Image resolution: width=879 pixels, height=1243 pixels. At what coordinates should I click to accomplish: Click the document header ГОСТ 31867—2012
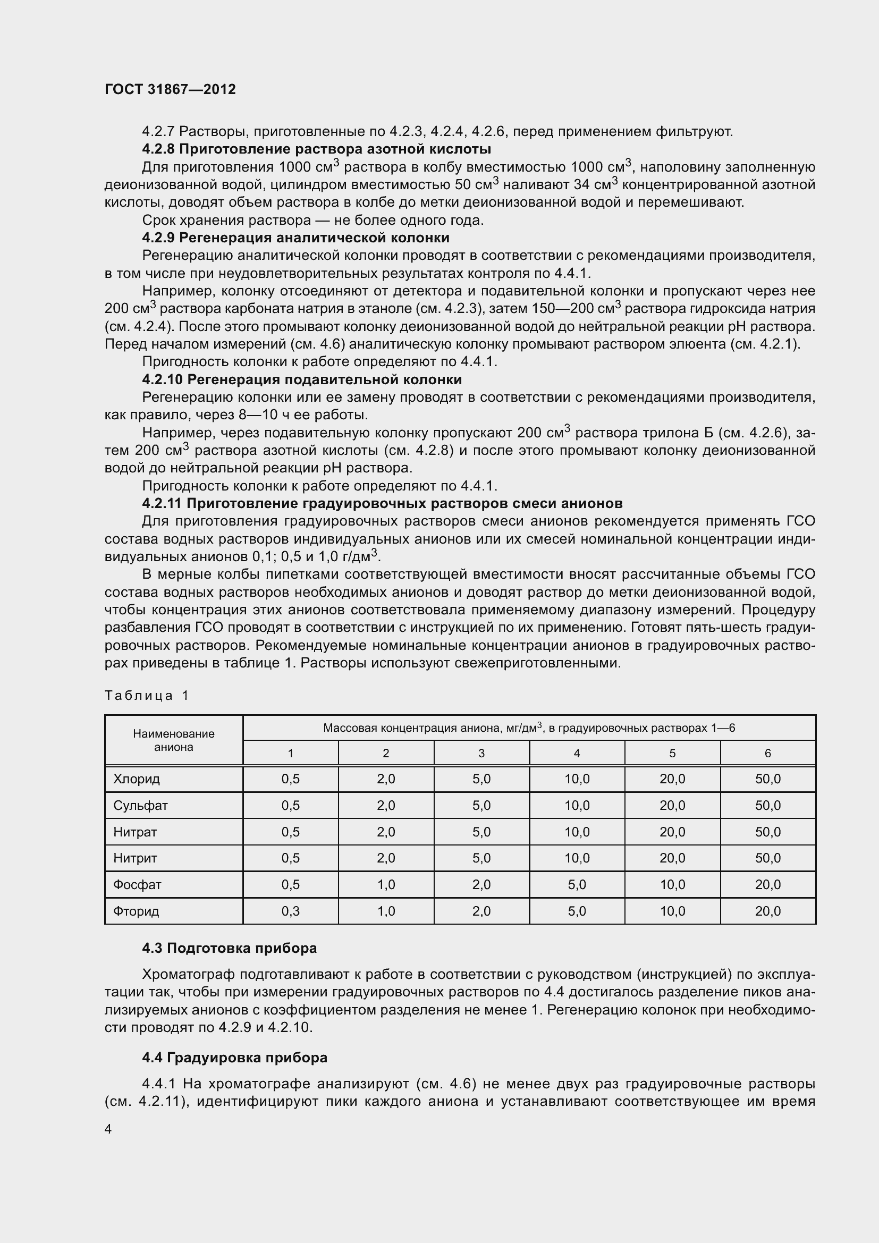click(170, 89)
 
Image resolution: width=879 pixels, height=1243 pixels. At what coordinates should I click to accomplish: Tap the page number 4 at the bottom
click(108, 1129)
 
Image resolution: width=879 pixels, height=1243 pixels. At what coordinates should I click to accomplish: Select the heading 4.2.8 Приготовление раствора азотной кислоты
click(317, 149)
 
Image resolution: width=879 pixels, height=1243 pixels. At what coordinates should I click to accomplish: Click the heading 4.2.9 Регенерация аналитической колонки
click(295, 238)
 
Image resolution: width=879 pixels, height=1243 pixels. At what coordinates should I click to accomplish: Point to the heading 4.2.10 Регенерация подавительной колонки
click(302, 379)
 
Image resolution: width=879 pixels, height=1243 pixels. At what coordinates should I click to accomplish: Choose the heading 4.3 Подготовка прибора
click(230, 948)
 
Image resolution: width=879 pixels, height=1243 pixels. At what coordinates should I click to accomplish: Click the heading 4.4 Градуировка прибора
click(234, 1058)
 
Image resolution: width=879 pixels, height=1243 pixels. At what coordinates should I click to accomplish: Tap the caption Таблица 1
click(147, 696)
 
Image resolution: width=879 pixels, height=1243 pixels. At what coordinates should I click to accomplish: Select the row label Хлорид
click(137, 779)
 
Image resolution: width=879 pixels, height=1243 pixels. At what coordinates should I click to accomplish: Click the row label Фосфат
click(137, 885)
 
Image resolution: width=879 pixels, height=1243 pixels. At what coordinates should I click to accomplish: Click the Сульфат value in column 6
click(767, 806)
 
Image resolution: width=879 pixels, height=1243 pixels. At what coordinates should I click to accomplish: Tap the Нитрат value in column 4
click(577, 832)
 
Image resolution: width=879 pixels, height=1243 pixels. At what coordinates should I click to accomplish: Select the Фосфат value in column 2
click(386, 885)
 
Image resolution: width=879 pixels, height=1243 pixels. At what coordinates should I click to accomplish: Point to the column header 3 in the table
click(481, 753)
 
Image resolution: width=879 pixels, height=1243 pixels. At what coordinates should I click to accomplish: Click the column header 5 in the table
click(672, 753)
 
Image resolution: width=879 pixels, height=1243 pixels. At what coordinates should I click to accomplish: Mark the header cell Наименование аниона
click(174, 740)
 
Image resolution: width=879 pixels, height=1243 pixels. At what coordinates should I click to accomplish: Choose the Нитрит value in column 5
click(672, 858)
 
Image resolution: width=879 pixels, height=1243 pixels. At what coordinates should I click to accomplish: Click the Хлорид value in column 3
click(481, 779)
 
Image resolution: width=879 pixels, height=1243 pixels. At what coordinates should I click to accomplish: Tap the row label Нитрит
click(136, 858)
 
